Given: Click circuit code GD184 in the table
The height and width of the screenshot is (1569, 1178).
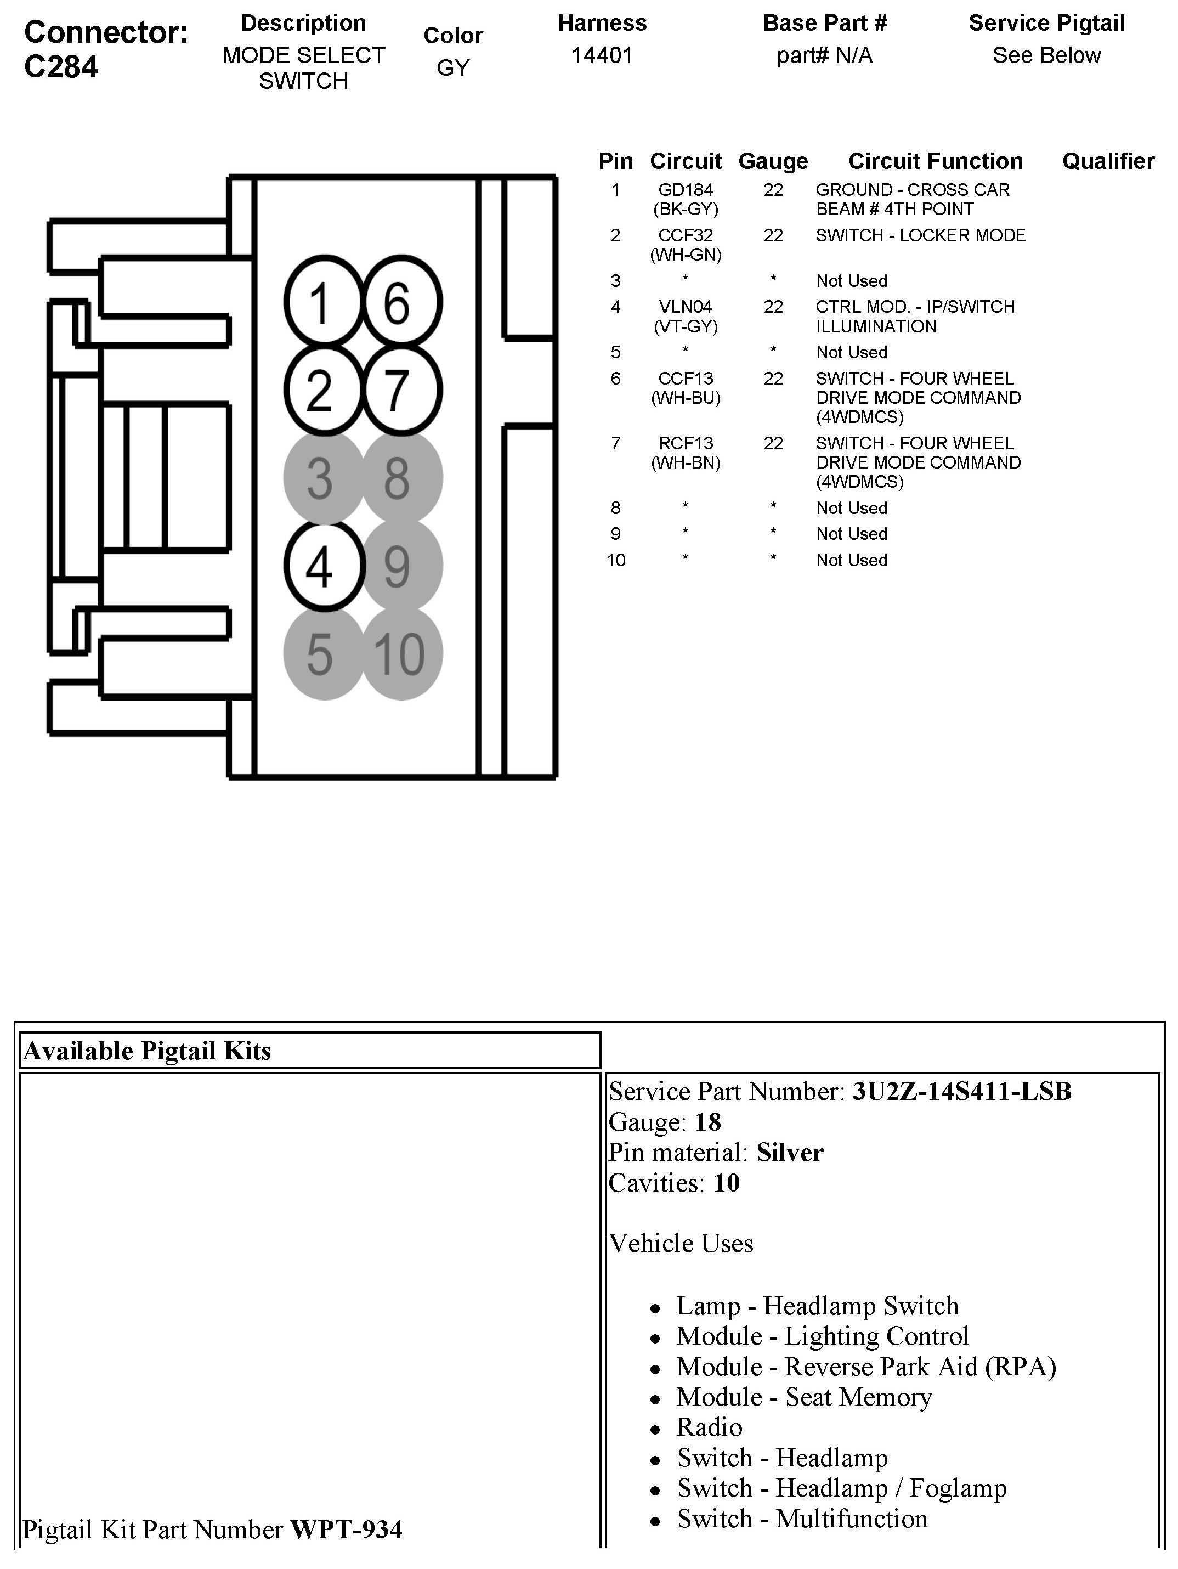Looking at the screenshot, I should (x=685, y=190).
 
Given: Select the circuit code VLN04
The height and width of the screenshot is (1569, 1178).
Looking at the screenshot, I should (x=685, y=307).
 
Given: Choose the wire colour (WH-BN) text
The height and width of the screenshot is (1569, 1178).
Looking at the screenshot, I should (x=685, y=462).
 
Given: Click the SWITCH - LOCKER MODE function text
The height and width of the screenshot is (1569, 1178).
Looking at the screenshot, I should (x=920, y=235).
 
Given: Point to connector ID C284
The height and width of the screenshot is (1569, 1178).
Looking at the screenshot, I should (x=62, y=67).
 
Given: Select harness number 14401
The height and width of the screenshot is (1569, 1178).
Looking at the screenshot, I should (x=602, y=55).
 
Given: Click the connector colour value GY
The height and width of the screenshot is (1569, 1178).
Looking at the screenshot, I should (x=452, y=68).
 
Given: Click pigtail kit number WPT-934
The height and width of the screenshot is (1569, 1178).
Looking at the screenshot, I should (x=347, y=1530).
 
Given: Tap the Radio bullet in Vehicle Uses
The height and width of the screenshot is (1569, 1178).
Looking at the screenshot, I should (x=709, y=1427).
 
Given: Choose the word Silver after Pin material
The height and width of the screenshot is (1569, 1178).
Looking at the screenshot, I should (x=789, y=1152).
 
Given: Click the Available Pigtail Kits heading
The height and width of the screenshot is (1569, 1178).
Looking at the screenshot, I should (x=147, y=1051).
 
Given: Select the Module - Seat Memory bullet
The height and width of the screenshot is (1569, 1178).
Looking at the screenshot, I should (x=803, y=1397).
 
